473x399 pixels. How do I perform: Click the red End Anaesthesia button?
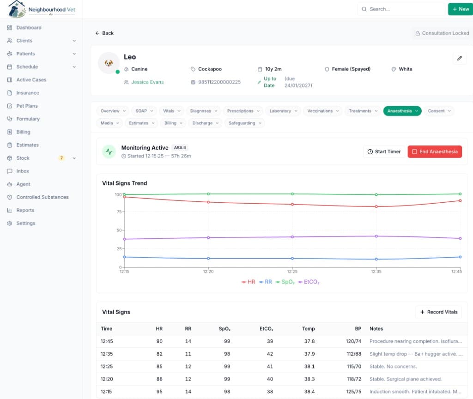coord(435,151)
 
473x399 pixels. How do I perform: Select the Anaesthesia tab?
coord(402,111)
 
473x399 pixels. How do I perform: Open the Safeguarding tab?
coord(245,123)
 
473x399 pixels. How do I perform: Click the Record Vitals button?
coord(439,312)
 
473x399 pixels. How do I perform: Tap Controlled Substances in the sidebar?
coord(42,197)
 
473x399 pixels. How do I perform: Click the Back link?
coord(104,33)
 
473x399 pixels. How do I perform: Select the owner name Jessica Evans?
coord(147,82)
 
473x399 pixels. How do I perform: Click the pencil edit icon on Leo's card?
coord(460,58)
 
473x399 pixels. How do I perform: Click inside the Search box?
coord(401,9)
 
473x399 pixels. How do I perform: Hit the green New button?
coord(461,9)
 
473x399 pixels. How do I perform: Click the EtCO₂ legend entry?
coord(309,282)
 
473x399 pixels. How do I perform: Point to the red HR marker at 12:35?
coord(376,206)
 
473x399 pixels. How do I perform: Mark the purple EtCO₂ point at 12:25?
coord(292,237)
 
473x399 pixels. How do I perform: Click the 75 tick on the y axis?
coord(119,212)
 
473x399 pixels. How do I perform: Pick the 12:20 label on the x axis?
coord(208,272)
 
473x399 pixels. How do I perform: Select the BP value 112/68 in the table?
coord(354,354)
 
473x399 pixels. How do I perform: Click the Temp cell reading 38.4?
coord(309,392)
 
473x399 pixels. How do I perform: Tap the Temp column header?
coord(308,329)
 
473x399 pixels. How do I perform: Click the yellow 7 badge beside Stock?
coord(61,158)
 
